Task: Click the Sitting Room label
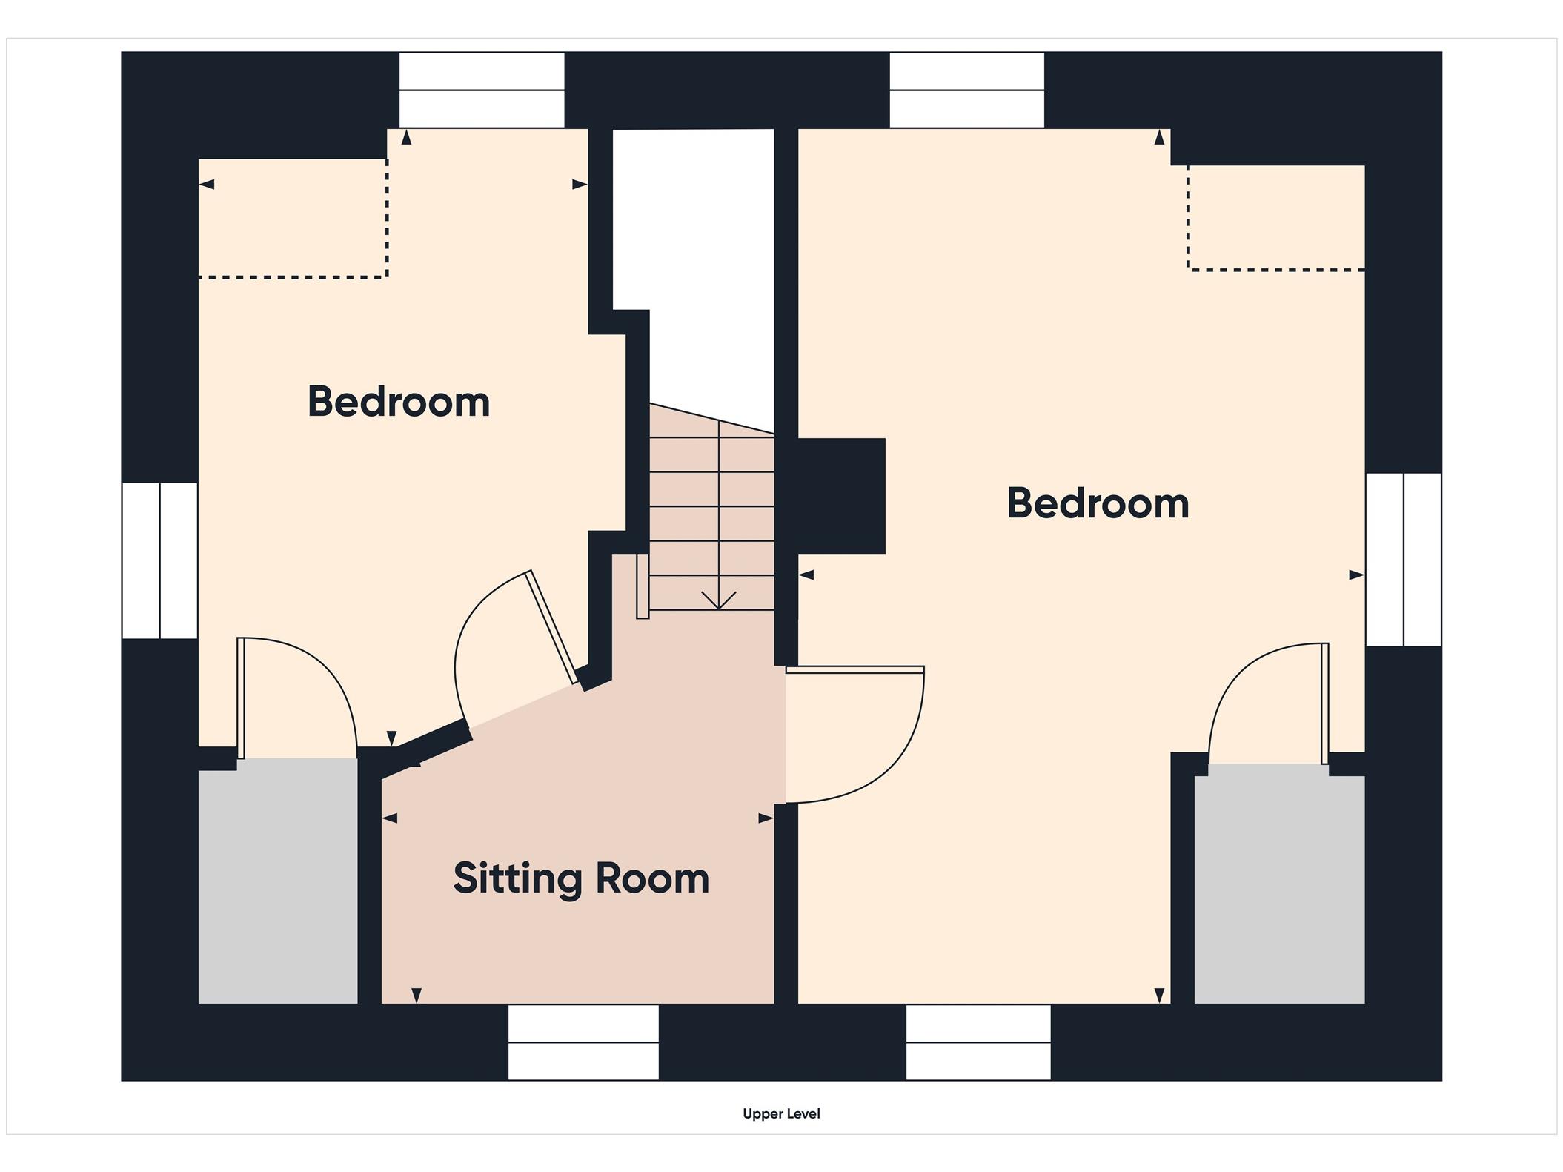[581, 879]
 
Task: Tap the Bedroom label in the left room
[399, 402]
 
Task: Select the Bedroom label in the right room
[1098, 503]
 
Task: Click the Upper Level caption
[781, 1113]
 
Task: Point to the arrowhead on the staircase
[719, 600]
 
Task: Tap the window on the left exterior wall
[160, 560]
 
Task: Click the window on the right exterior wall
[1404, 560]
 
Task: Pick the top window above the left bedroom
[482, 90]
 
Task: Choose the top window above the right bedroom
[967, 90]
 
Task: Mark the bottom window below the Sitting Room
[583, 1042]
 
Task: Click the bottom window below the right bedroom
[978, 1042]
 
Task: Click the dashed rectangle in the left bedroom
[293, 218]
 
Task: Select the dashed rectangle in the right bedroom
[1276, 217]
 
